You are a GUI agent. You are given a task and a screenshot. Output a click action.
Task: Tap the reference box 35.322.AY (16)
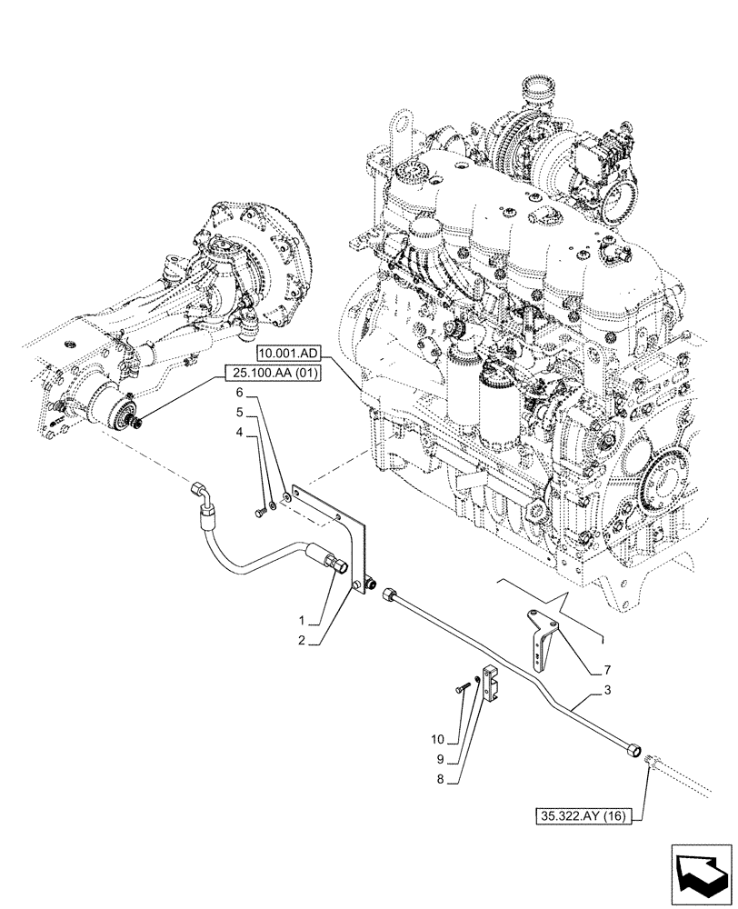[587, 814]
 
